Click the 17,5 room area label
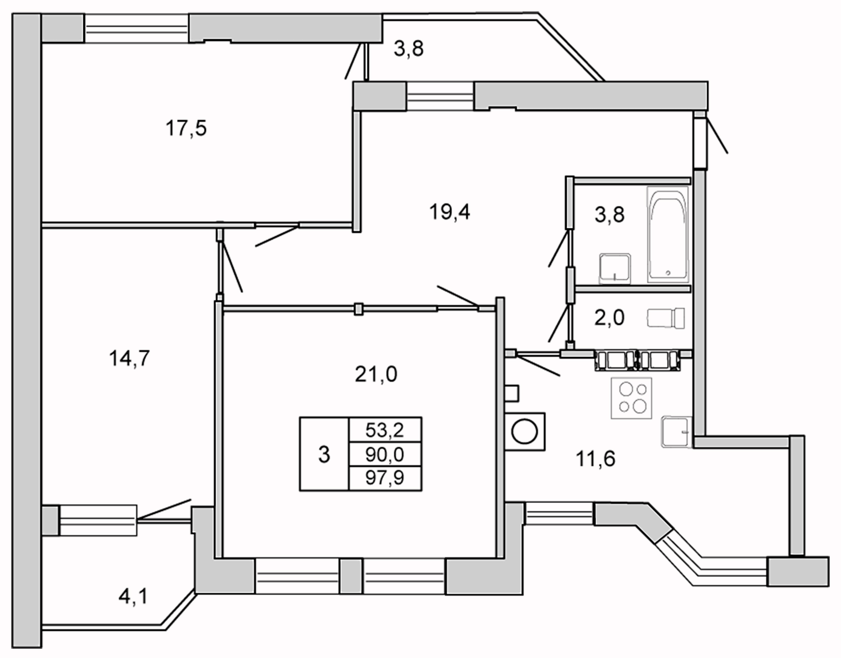(x=186, y=129)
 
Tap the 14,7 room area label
(x=129, y=358)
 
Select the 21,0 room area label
(x=376, y=375)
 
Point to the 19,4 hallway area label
(x=449, y=212)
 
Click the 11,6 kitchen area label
(x=595, y=459)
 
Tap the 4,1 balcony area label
(x=133, y=597)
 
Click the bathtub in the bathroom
(x=668, y=234)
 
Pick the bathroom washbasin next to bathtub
(x=615, y=268)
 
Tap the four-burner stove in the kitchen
(x=631, y=398)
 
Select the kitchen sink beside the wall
(x=676, y=432)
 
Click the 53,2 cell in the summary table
(x=385, y=430)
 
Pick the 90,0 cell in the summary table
(x=385, y=454)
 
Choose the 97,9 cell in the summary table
(x=385, y=478)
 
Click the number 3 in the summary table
(x=324, y=455)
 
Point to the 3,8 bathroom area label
(x=609, y=215)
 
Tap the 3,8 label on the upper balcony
(x=408, y=50)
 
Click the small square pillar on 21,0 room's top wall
(x=359, y=309)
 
